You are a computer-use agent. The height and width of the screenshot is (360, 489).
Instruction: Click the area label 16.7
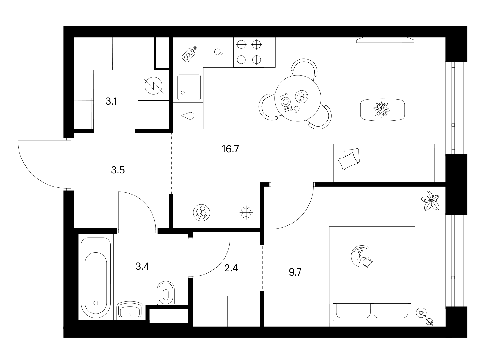230,149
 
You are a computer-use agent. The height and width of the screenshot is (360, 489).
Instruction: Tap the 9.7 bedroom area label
295,272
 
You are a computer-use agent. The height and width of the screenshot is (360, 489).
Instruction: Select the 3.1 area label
111,101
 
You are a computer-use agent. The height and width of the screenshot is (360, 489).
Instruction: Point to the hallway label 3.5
118,170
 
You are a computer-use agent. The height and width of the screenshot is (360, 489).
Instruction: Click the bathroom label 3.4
142,266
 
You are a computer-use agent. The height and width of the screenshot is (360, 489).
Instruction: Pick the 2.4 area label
231,268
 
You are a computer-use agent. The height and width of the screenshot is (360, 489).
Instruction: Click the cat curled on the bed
361,256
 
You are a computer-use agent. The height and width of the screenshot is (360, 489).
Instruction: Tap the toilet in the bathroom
166,293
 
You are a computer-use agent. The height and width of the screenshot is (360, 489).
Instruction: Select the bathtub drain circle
96,303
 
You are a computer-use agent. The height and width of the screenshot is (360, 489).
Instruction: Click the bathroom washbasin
130,311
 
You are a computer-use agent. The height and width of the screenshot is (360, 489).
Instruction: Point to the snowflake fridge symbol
246,212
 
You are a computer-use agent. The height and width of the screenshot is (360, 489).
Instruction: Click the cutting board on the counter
189,54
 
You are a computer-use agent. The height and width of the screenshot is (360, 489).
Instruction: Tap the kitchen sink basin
189,87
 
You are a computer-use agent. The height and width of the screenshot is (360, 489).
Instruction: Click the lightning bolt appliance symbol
154,86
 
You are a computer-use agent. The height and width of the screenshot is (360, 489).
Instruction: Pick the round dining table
298,98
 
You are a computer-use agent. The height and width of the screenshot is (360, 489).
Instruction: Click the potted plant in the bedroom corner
430,201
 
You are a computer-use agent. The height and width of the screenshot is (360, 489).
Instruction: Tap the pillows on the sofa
349,158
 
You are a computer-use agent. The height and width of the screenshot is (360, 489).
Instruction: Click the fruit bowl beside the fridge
202,212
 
